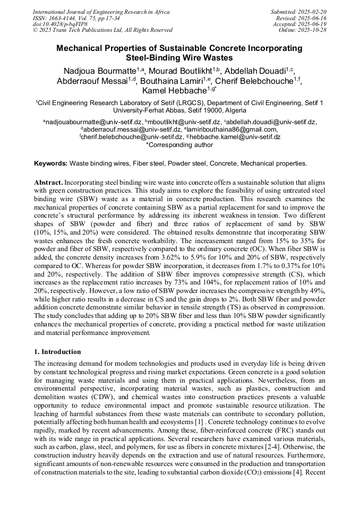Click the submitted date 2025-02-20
tap(314, 12)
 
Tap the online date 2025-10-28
tap(314, 31)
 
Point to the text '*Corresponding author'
tap(179, 144)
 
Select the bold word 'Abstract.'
tap(48, 182)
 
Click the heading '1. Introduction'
tap(58, 352)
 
